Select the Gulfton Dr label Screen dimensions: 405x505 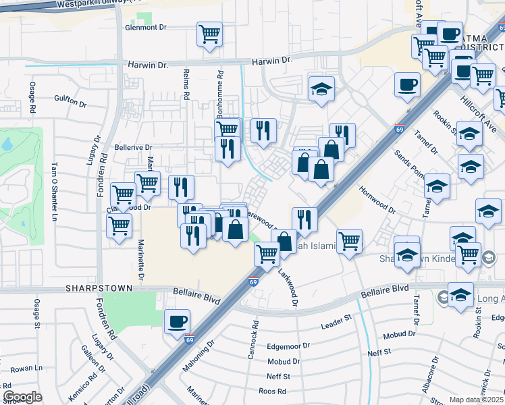pyautogui.click(x=71, y=104)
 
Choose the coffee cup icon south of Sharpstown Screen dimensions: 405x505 pyautogui.click(x=177, y=321)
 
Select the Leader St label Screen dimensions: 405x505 pyautogui.click(x=337, y=325)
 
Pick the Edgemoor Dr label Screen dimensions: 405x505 pyautogui.click(x=288, y=345)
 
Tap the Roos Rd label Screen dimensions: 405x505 pyautogui.click(x=272, y=391)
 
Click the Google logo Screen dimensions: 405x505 pyautogui.click(x=22, y=397)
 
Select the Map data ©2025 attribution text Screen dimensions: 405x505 pyautogui.click(x=476, y=400)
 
